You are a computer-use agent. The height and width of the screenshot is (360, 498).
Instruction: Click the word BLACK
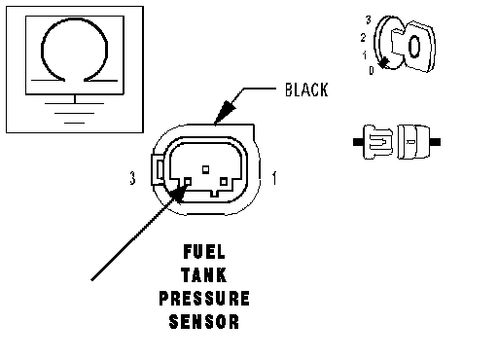pyautogui.click(x=306, y=90)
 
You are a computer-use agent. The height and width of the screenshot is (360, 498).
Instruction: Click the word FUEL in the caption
pyautogui.click(x=204, y=252)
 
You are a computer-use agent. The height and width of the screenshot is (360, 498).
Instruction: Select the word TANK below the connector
pyautogui.click(x=204, y=275)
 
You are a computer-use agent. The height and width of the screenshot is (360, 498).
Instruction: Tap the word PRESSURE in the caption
pyautogui.click(x=204, y=299)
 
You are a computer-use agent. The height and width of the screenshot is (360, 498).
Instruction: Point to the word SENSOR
pyautogui.click(x=204, y=322)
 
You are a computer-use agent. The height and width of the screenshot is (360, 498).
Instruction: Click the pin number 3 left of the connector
pyautogui.click(x=132, y=178)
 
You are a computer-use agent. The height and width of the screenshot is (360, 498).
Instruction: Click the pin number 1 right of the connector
pyautogui.click(x=274, y=178)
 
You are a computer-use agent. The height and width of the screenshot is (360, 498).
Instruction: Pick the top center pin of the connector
pyautogui.click(x=205, y=169)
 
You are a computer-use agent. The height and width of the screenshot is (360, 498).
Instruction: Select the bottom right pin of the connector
pyautogui.click(x=224, y=182)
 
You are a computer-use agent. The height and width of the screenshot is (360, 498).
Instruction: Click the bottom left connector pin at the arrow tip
pyautogui.click(x=188, y=182)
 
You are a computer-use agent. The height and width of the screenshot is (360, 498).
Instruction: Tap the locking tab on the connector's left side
pyautogui.click(x=159, y=169)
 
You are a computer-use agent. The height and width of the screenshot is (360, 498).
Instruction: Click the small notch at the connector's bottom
pyautogui.click(x=215, y=194)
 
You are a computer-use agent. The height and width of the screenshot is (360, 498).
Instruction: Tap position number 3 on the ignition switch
pyautogui.click(x=369, y=20)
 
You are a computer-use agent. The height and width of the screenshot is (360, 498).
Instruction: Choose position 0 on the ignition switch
pyautogui.click(x=372, y=70)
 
